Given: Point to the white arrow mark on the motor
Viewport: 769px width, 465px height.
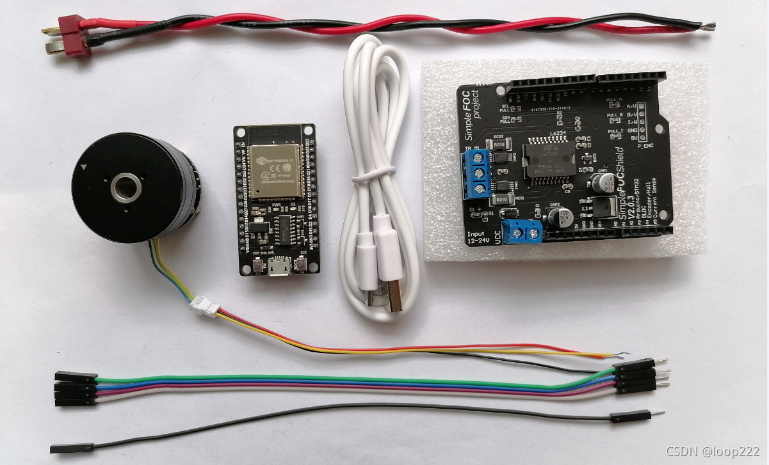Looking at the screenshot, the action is pos(85,168).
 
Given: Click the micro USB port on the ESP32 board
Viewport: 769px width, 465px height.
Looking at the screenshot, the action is pos(279,269).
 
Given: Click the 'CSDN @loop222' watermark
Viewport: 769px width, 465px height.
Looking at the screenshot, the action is pos(713,451).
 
